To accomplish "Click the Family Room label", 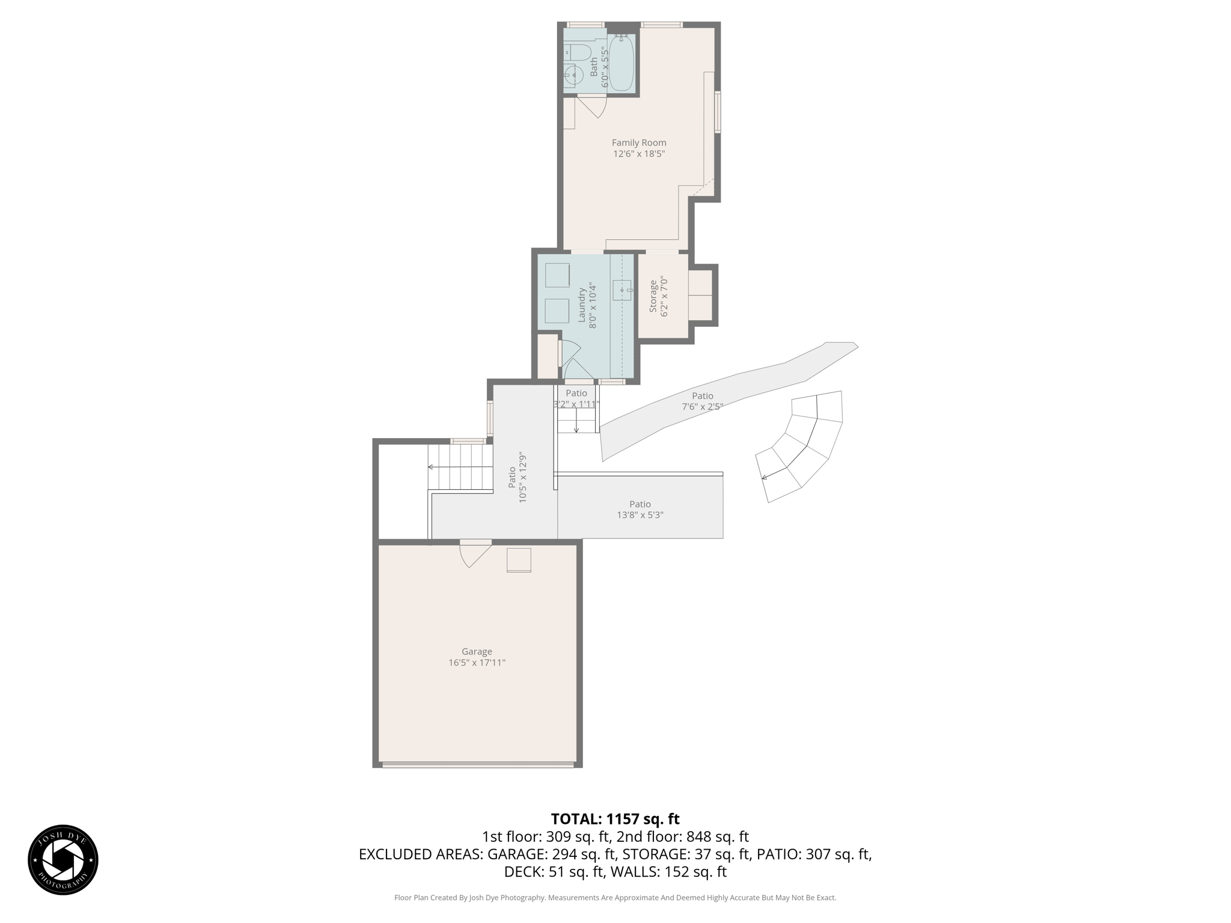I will [638, 142].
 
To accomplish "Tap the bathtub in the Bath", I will [622, 62].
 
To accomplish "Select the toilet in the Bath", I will [578, 52].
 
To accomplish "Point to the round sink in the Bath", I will [574, 76].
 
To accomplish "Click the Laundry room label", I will [582, 305].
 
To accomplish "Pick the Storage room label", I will [653, 296].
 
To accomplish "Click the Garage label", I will [477, 651].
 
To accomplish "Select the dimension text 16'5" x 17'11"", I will [477, 663].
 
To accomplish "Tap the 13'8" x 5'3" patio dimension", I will [640, 515].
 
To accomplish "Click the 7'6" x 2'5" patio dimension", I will [702, 407].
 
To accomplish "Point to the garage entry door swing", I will [475, 553].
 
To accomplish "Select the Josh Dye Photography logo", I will [63, 860].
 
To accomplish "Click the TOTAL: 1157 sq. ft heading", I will [615, 819].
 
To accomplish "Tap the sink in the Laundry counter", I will [622, 290].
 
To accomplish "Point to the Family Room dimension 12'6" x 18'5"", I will [638, 154].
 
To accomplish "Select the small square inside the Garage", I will [519, 560].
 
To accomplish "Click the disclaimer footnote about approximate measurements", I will [615, 898].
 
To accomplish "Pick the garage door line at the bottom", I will [478, 765].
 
